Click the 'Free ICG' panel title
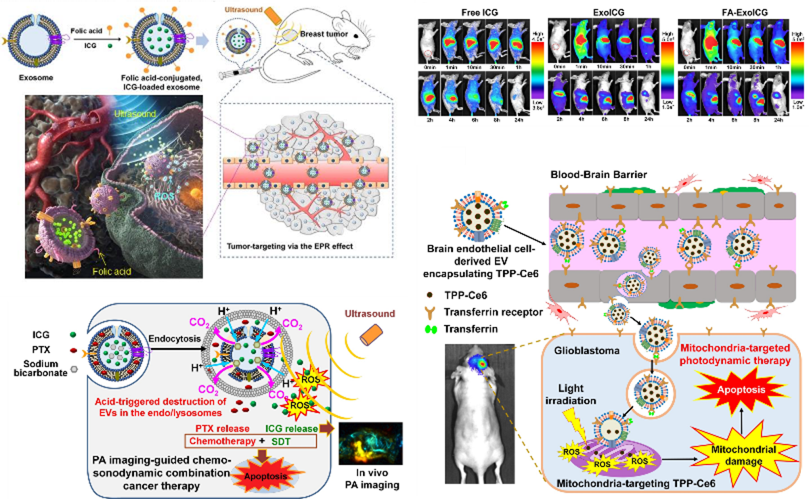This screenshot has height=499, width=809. tap(481, 12)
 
